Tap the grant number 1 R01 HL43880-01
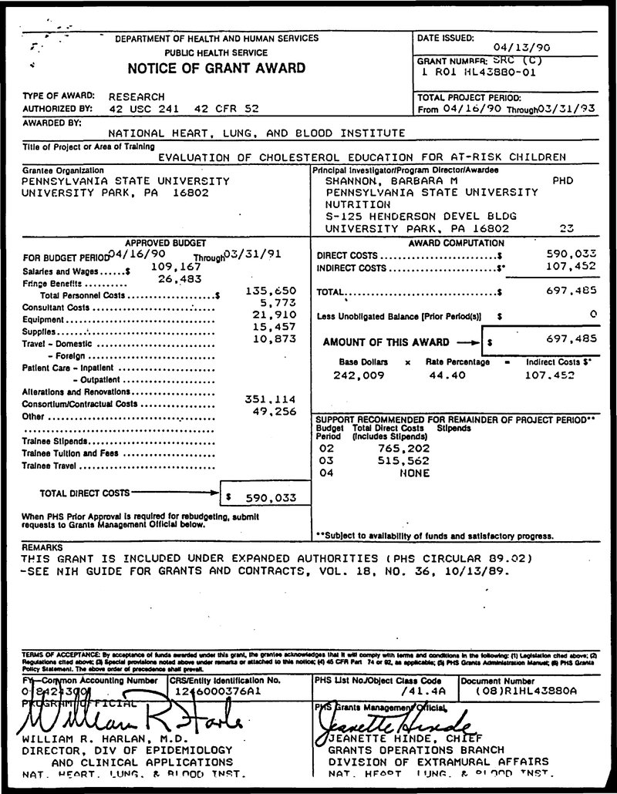[474, 72]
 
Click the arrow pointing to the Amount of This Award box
[467, 341]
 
